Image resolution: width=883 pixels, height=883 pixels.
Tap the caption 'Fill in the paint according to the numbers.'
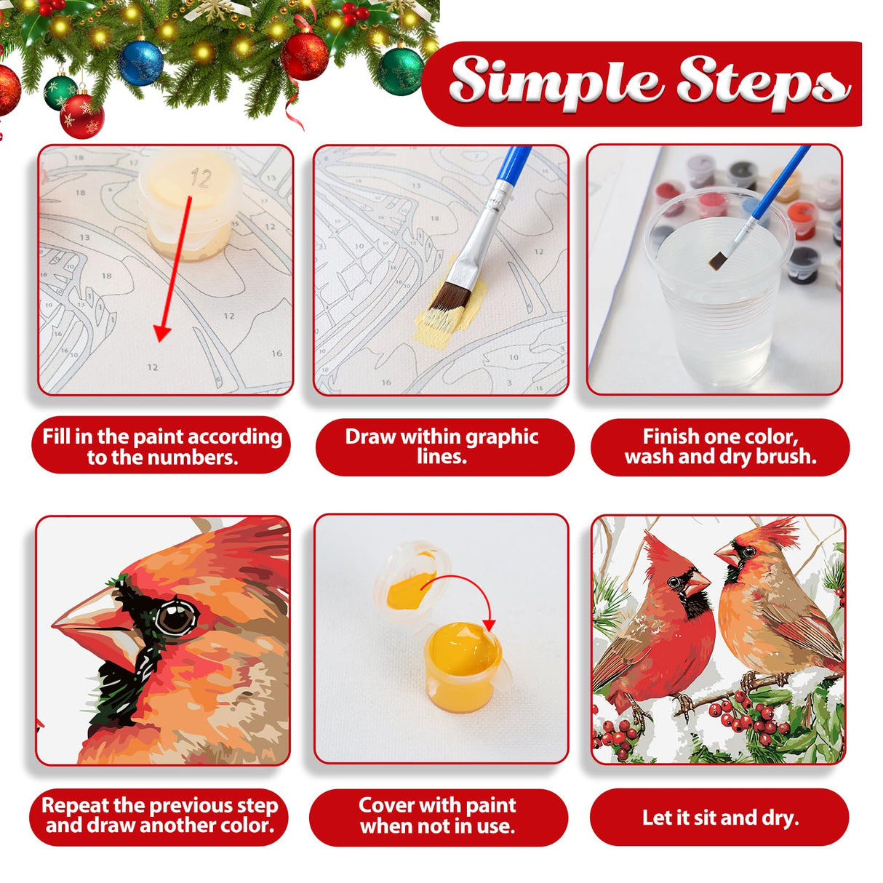(x=161, y=446)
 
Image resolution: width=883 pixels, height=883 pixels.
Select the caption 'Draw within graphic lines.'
(x=442, y=446)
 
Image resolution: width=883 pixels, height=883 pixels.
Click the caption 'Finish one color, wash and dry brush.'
(x=720, y=446)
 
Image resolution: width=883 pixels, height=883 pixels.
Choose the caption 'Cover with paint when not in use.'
(x=438, y=815)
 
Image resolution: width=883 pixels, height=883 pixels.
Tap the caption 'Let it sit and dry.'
(x=720, y=817)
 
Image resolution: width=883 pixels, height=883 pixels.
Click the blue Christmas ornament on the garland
(x=140, y=63)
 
